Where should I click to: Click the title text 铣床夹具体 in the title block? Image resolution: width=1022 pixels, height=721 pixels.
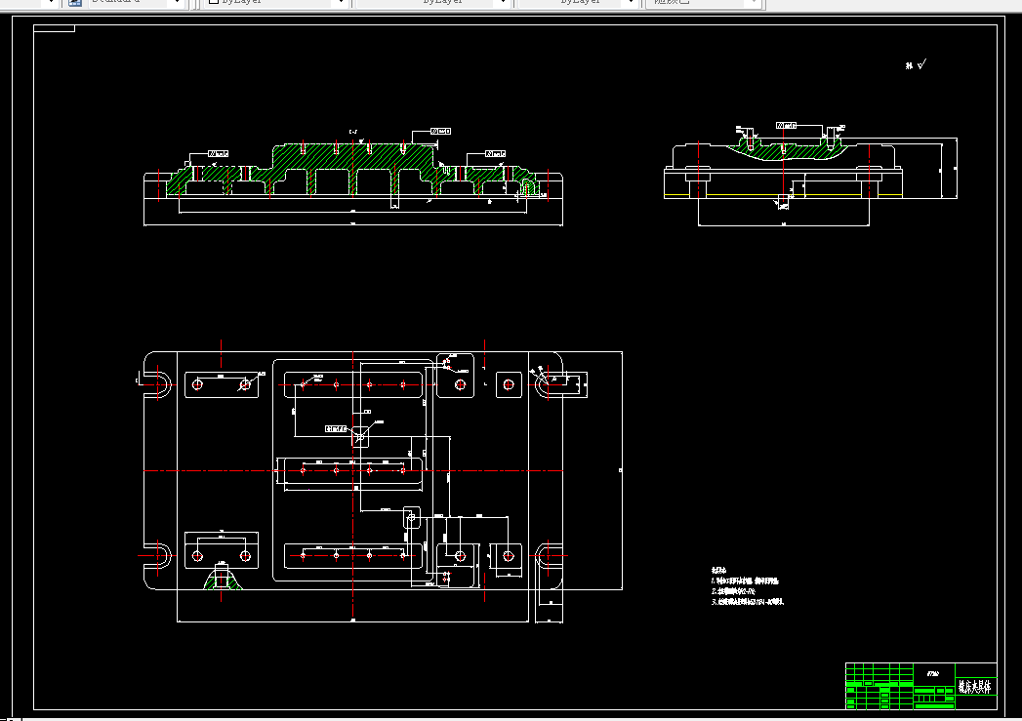point(973,686)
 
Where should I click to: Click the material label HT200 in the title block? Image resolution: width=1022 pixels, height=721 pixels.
point(932,673)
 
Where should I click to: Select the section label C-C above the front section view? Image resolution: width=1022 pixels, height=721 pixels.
point(353,130)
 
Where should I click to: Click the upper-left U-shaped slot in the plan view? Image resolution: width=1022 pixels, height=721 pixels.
point(156,384)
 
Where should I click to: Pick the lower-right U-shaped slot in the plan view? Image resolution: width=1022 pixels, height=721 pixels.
point(552,556)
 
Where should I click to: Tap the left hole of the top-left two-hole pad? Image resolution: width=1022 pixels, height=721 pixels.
point(197,384)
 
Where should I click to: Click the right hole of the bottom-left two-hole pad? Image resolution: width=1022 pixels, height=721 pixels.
point(243,555)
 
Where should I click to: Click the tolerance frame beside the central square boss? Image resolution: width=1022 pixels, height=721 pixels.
point(336,428)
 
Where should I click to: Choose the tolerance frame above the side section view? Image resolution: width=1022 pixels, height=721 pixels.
point(786,126)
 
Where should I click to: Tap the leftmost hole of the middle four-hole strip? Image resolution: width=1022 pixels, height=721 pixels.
point(303,470)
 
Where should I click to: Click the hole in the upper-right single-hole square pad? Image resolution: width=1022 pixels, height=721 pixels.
point(507,384)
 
